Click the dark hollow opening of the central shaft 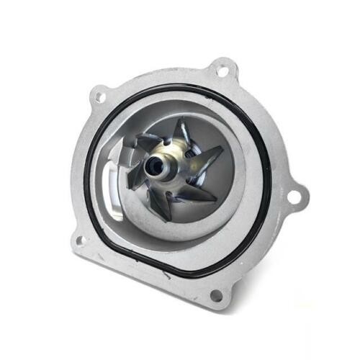[155, 166]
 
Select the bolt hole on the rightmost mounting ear [294, 195]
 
